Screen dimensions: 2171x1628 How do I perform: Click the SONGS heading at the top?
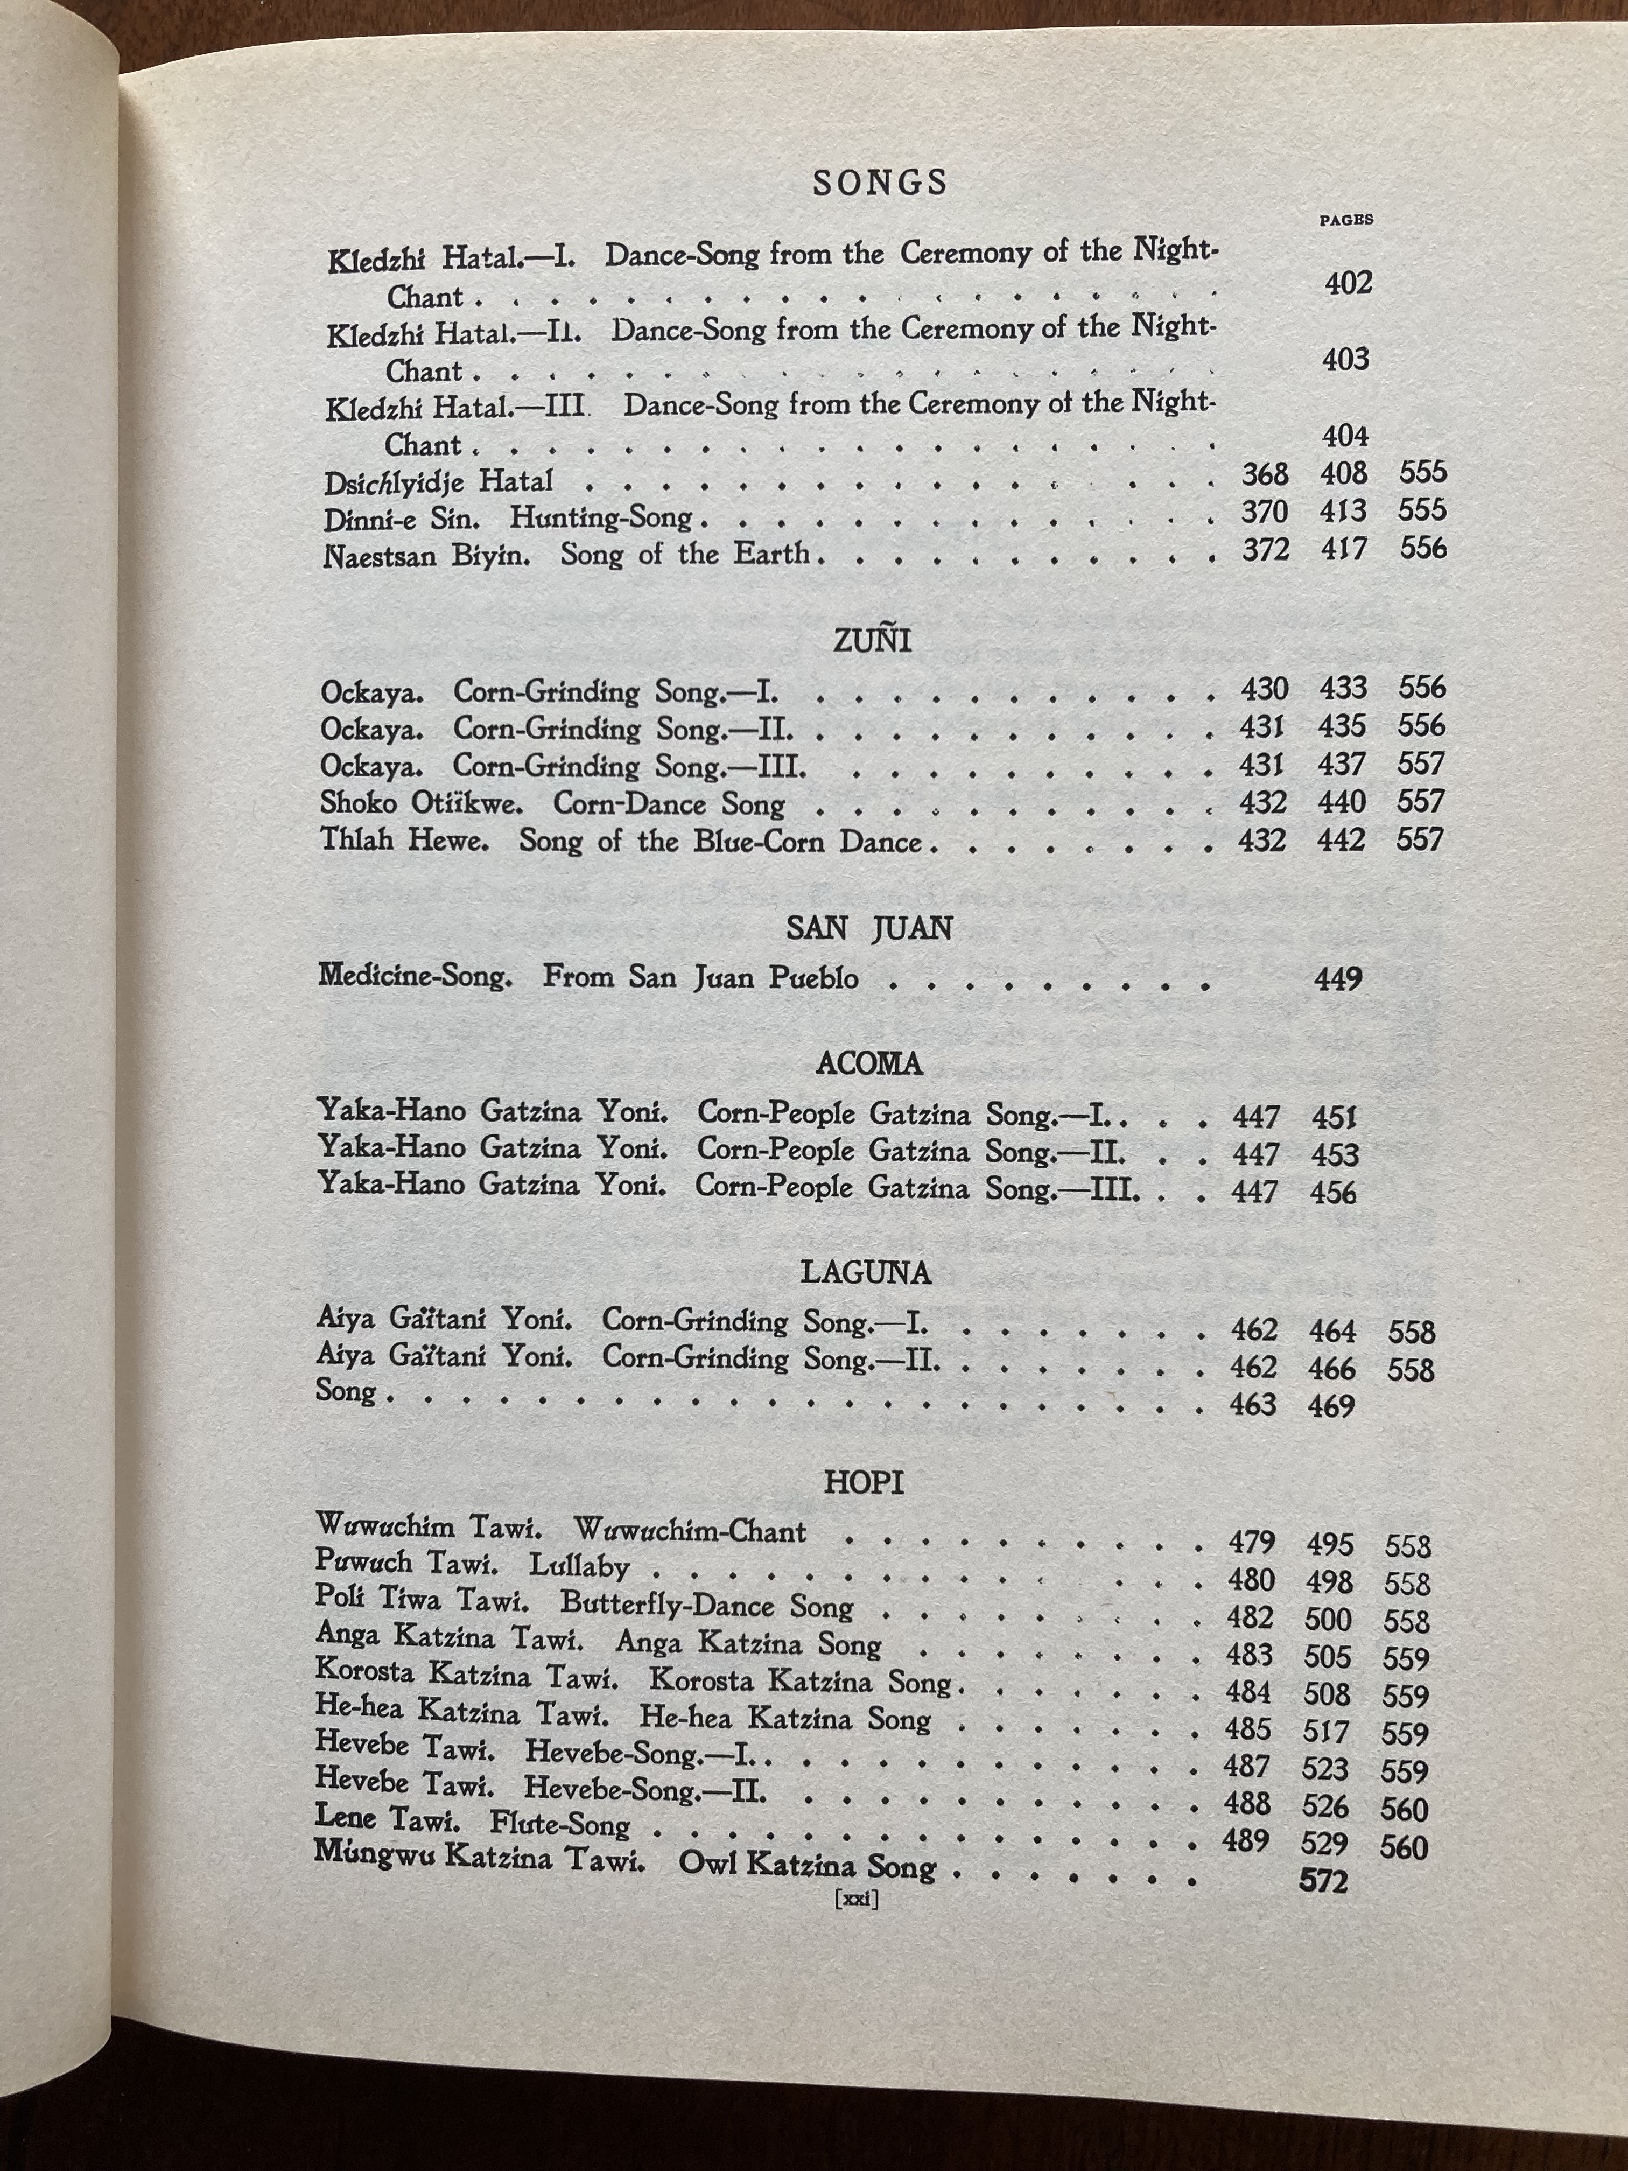880,183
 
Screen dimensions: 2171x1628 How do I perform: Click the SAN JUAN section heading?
869,928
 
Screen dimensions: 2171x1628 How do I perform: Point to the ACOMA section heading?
869,1064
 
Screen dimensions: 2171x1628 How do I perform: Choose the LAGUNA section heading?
866,1273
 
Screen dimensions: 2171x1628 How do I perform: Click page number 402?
1348,284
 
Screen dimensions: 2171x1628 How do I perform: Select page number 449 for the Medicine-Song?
1338,978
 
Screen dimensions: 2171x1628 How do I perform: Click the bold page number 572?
1324,1881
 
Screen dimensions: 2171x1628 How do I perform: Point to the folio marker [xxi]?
855,1899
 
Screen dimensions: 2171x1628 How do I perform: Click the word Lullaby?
579,1566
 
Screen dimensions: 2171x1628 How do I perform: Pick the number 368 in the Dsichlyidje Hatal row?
1265,474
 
